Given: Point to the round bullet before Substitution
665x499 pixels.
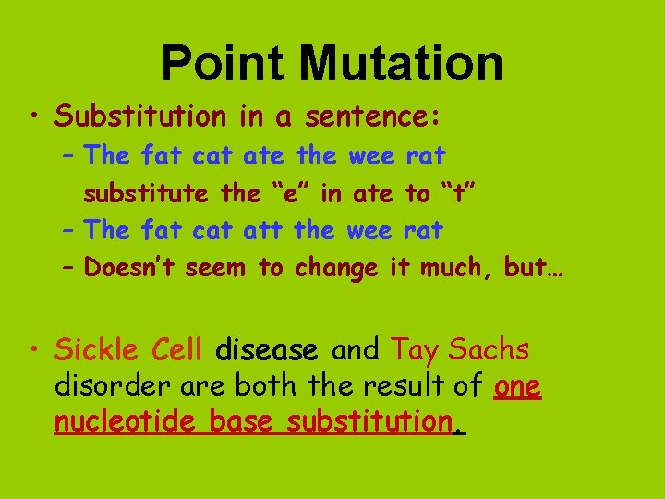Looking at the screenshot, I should click(x=35, y=117).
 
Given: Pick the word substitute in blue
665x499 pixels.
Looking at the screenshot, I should click(x=146, y=193).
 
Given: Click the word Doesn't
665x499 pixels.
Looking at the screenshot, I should click(x=130, y=268).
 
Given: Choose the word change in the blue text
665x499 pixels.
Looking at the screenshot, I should click(x=336, y=269).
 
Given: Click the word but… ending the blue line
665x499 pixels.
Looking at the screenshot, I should click(x=535, y=268).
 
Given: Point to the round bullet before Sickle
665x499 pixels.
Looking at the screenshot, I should click(x=35, y=350).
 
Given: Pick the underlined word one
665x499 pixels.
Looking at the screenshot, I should click(x=518, y=386).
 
